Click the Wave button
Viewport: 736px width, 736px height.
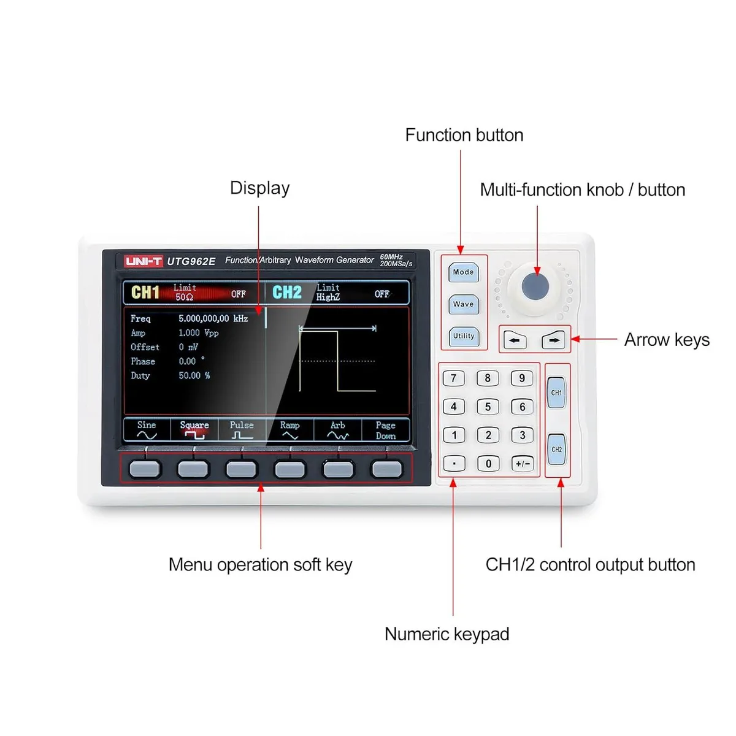pos(463,304)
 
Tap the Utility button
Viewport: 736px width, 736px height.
pos(464,337)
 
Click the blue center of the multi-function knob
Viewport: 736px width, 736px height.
pos(535,286)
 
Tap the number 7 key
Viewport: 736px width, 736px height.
pos(454,378)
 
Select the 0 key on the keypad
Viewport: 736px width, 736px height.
pos(488,464)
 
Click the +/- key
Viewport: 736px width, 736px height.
pos(523,464)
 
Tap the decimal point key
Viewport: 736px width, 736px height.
pos(454,464)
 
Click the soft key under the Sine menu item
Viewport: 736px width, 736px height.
pos(144,469)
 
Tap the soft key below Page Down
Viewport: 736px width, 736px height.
pos(387,469)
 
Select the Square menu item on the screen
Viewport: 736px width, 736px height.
pos(194,430)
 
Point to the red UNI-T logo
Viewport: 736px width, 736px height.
pos(144,261)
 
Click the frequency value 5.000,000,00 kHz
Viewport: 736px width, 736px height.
pos(213,318)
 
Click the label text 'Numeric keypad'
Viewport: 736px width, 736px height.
pos(447,634)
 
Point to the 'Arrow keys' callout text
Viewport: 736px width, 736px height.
pos(667,340)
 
